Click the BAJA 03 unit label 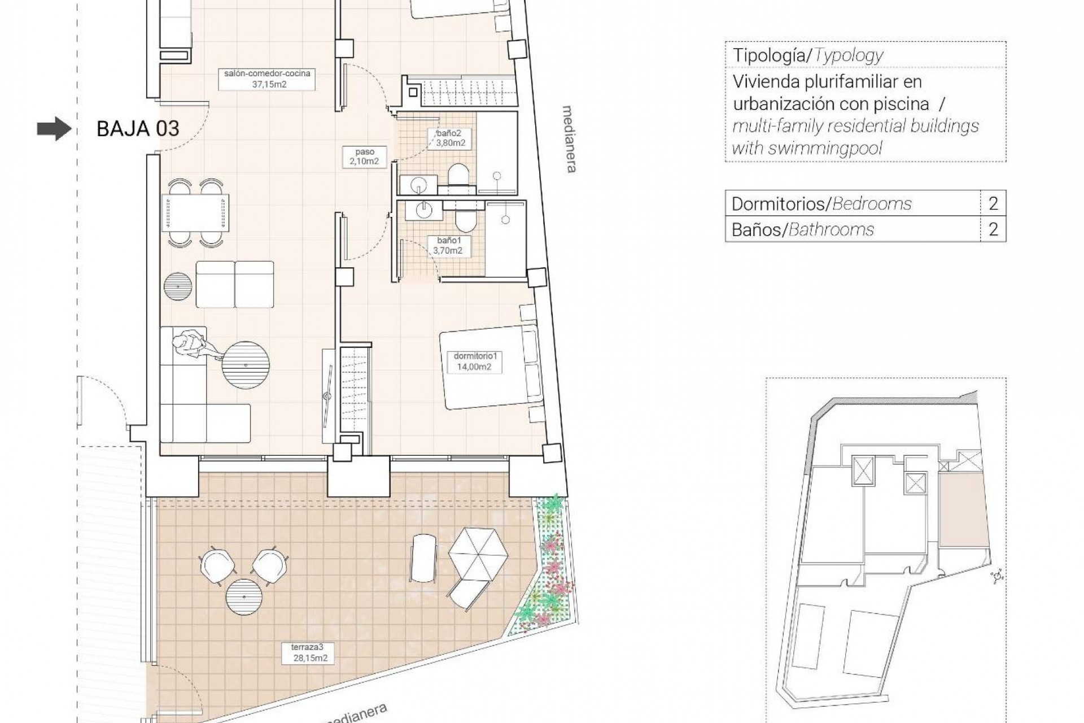click(x=138, y=129)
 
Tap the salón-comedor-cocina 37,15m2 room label click(x=267, y=79)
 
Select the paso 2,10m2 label click(x=365, y=156)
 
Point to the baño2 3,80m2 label click(x=451, y=138)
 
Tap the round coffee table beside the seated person click(x=246, y=364)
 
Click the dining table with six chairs click(x=195, y=214)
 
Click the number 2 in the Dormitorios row click(x=993, y=203)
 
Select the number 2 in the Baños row click(x=993, y=229)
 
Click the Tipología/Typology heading click(x=807, y=55)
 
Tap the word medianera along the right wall click(x=570, y=139)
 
